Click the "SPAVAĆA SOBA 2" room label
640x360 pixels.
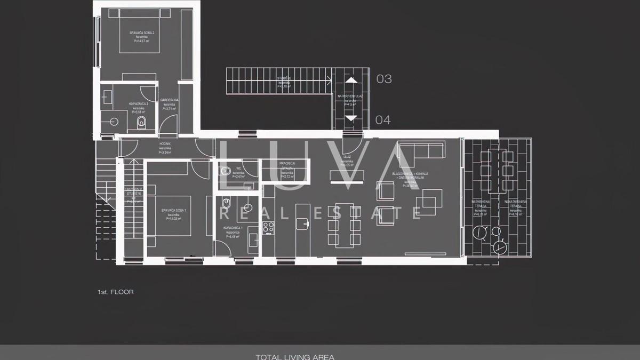pyautogui.click(x=139, y=33)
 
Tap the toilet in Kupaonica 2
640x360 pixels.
pyautogui.click(x=141, y=123)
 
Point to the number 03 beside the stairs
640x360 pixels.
pyautogui.click(x=384, y=79)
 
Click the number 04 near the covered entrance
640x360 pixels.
pyautogui.click(x=383, y=120)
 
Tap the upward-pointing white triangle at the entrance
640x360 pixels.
pyautogui.click(x=350, y=80)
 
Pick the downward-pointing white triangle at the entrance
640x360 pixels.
pyautogui.click(x=350, y=118)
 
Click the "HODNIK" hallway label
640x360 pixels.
pyautogui.click(x=165, y=144)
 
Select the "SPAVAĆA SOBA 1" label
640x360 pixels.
pyautogui.click(x=174, y=211)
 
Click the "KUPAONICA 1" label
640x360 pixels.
pyautogui.click(x=234, y=228)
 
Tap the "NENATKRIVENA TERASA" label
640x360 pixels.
pyautogui.click(x=515, y=203)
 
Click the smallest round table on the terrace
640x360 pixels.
pyautogui.click(x=496, y=231)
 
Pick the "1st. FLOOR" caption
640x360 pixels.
pyautogui.click(x=115, y=292)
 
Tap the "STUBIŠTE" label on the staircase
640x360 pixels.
pyautogui.click(x=284, y=78)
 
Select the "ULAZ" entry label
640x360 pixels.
pyautogui.click(x=347, y=157)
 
